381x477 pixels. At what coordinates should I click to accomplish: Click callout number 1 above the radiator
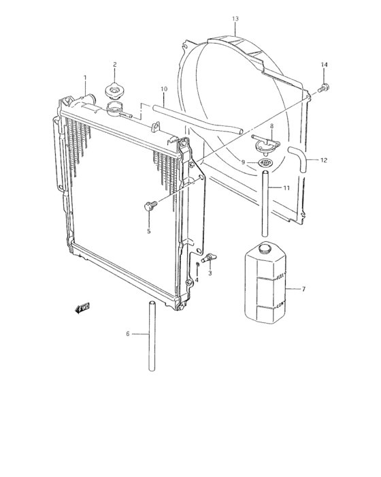[84, 77]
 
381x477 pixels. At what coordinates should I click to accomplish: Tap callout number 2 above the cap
[115, 65]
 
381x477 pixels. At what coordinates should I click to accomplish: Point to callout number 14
[325, 64]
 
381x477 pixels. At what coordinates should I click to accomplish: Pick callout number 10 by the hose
[163, 89]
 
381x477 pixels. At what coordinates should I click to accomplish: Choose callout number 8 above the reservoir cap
[271, 126]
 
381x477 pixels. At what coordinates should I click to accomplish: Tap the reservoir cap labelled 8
[265, 144]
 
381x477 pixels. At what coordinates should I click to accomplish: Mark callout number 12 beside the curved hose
[324, 161]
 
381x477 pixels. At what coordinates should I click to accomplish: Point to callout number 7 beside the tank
[303, 289]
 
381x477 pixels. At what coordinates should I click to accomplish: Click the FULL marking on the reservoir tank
[281, 275]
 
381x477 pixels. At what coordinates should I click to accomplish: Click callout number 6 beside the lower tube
[127, 334]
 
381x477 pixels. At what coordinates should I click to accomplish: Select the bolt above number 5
[149, 205]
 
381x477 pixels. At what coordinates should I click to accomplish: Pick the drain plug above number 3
[210, 256]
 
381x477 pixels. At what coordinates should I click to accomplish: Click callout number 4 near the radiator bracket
[197, 280]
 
